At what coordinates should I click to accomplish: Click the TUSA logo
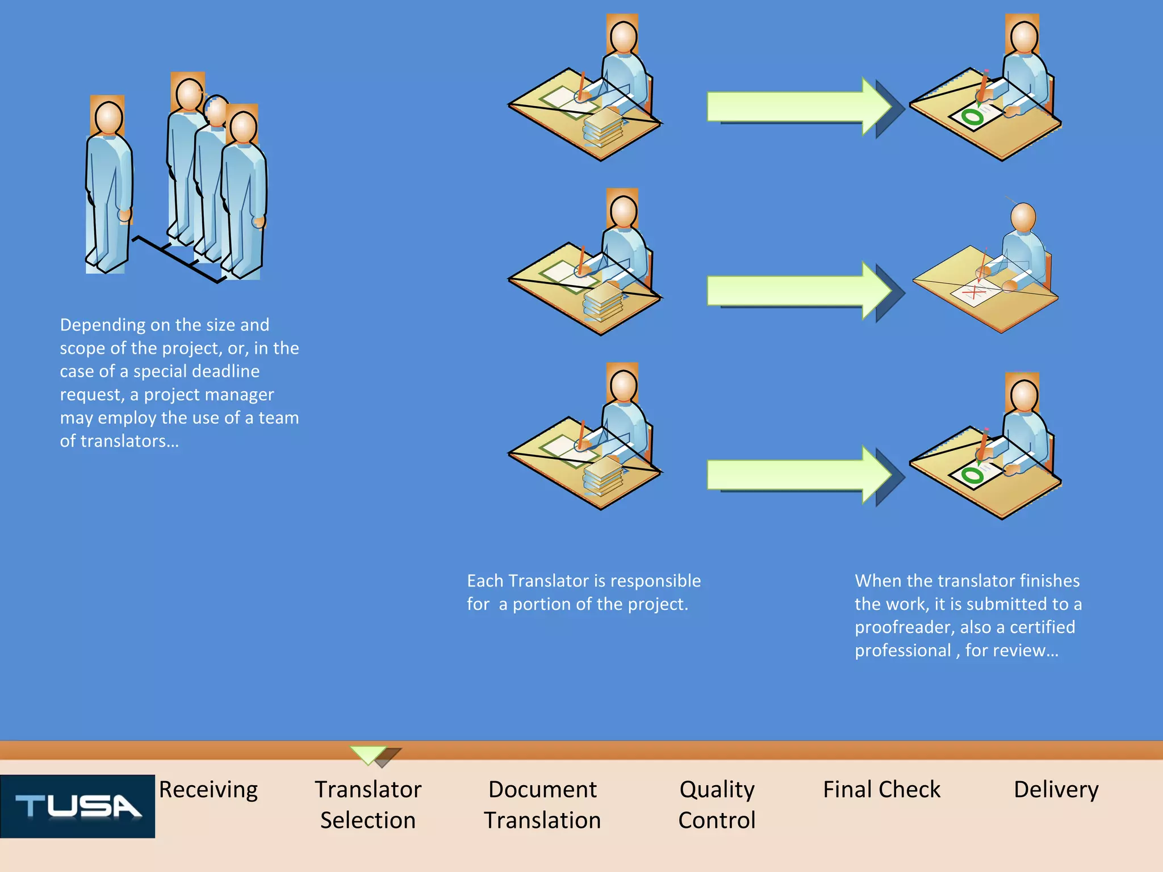coord(77,806)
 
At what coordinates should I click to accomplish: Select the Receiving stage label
coord(208,790)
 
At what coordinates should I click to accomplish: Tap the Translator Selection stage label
coord(368,804)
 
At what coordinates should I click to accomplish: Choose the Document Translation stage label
coord(542,804)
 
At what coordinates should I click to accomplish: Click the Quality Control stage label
coord(717,804)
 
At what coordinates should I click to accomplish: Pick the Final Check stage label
coord(881,790)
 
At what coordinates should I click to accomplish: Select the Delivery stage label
coord(1056,790)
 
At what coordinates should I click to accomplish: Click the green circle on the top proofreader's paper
coord(973,118)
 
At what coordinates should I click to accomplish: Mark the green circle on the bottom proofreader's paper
coord(973,475)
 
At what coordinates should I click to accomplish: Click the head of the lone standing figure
coord(108,118)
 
